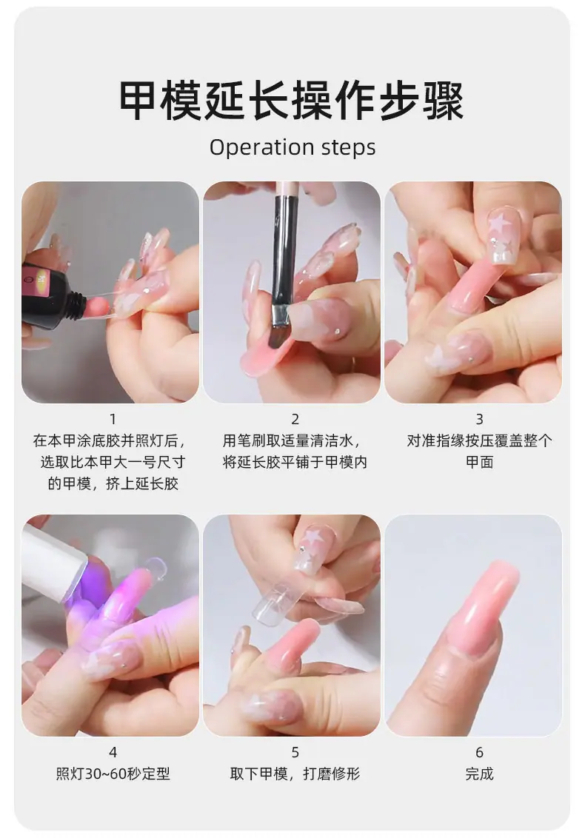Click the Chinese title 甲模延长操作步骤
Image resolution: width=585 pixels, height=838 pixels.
click(292, 101)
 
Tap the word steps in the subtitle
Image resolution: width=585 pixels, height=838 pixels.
click(349, 148)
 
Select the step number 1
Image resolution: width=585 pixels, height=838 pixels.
click(113, 419)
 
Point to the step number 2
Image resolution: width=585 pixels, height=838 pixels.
click(295, 419)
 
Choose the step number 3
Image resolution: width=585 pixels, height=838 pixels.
click(479, 419)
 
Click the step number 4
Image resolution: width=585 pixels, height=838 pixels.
click(113, 752)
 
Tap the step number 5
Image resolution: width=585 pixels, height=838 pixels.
click(295, 752)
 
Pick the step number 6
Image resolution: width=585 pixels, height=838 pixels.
click(479, 752)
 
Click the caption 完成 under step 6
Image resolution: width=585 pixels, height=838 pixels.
click(479, 774)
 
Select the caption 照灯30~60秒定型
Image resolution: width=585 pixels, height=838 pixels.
click(113, 774)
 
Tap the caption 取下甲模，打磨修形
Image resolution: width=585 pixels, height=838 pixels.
click(295, 774)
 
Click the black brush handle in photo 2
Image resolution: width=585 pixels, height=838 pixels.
click(284, 251)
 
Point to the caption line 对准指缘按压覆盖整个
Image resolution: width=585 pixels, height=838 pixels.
click(479, 441)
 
